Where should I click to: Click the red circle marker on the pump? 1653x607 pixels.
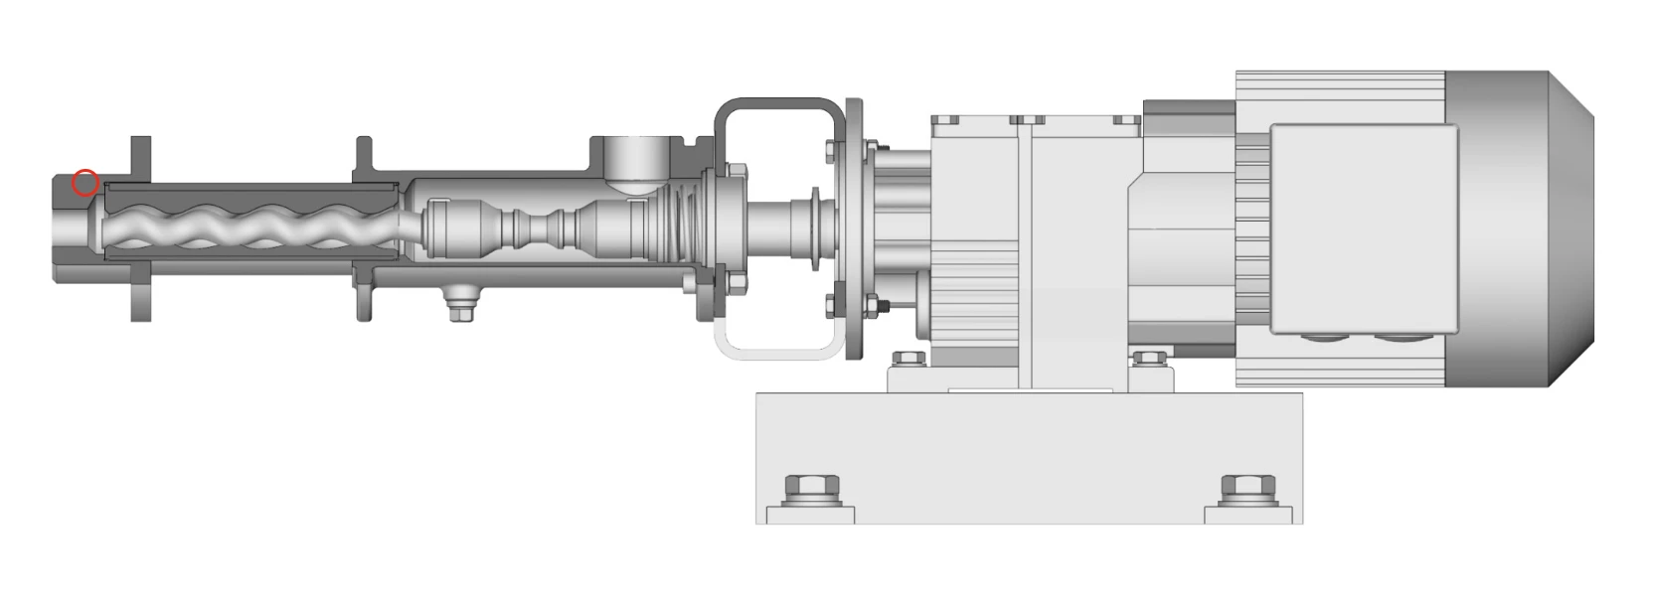pyautogui.click(x=85, y=183)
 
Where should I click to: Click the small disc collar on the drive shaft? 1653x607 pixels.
pyautogui.click(x=816, y=228)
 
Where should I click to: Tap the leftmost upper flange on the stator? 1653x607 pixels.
pyautogui.click(x=140, y=159)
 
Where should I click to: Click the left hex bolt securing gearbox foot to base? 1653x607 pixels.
pyautogui.click(x=905, y=360)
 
